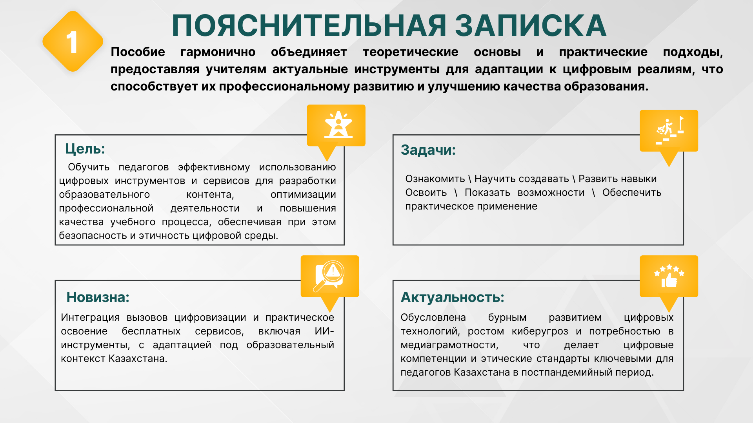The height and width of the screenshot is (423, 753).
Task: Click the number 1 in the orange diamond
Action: click(x=72, y=42)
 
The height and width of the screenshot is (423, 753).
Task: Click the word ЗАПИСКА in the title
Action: click(x=531, y=26)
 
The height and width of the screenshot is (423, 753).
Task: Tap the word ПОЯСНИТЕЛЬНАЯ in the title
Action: click(x=309, y=26)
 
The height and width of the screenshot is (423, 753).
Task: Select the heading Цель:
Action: click(x=85, y=149)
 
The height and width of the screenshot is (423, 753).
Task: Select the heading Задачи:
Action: click(x=428, y=150)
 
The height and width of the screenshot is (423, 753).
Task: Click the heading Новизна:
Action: click(x=98, y=297)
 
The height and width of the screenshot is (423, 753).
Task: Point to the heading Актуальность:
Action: click(x=452, y=297)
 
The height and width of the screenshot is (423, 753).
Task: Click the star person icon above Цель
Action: click(x=338, y=125)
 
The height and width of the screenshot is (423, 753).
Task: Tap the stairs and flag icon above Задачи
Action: click(x=669, y=130)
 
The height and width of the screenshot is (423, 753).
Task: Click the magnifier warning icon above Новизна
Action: click(x=329, y=276)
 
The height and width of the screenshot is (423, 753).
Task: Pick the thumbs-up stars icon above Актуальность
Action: click(x=669, y=276)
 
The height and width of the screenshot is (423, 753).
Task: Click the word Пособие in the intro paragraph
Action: click(x=138, y=52)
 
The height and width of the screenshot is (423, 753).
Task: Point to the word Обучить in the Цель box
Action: click(x=89, y=167)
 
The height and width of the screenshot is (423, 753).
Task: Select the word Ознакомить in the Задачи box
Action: click(x=435, y=179)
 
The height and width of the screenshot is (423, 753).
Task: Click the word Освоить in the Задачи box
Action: click(x=426, y=193)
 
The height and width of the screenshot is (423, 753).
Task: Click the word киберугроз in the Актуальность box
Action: click(x=540, y=331)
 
